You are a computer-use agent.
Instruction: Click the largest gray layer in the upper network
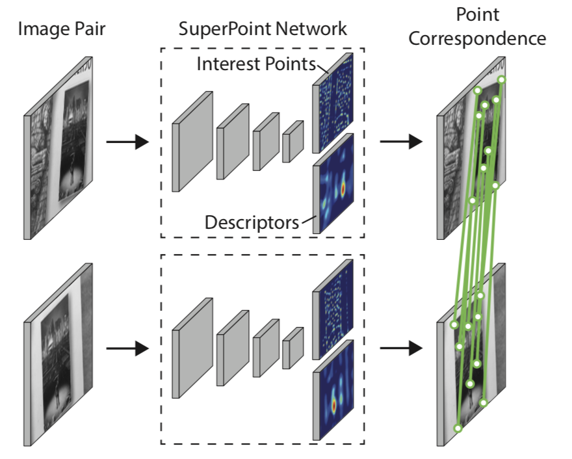192,141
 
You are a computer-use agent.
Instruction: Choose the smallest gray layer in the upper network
292,141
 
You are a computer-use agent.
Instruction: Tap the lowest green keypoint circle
458,428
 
